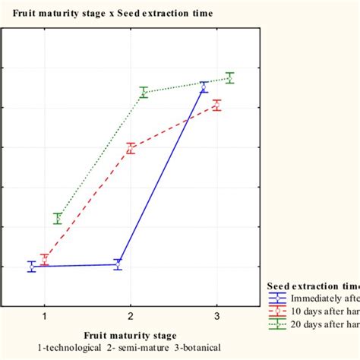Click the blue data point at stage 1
click(x=31, y=267)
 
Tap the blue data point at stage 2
click(x=117, y=264)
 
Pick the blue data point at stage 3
click(x=204, y=87)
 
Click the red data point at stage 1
click(x=44, y=260)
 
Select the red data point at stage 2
click(x=131, y=148)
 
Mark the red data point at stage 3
click(x=217, y=106)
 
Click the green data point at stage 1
click(x=58, y=219)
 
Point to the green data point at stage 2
click(x=144, y=93)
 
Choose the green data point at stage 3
click(x=229, y=77)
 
